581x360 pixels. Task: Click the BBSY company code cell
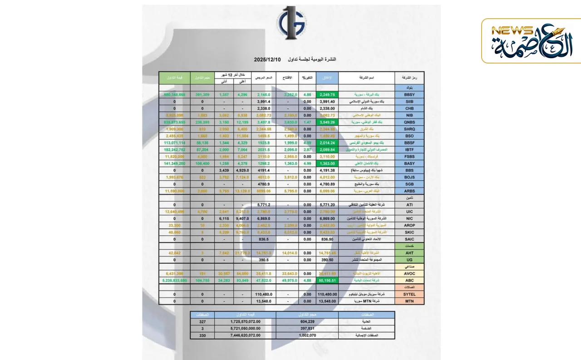click(409, 95)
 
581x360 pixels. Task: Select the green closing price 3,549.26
click(327, 122)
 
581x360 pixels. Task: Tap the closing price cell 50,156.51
click(327, 281)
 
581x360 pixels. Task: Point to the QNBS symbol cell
click(409, 122)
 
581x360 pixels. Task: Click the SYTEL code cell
click(409, 294)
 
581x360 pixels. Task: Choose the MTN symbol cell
click(409, 301)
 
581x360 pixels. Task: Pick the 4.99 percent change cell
click(307, 163)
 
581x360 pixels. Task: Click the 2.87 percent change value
click(307, 149)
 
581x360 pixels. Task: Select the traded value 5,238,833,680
click(174, 281)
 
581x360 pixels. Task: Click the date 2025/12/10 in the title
click(268, 59)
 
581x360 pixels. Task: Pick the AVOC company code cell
click(409, 274)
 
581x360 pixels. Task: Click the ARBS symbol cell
click(409, 191)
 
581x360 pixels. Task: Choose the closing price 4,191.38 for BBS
click(327, 170)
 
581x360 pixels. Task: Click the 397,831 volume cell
click(307, 328)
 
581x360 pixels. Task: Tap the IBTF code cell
click(409, 149)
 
